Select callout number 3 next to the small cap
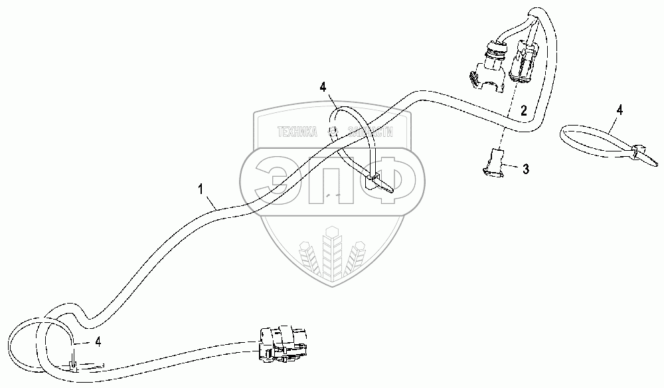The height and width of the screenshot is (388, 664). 526,169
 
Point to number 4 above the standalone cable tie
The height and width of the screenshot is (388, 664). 619,110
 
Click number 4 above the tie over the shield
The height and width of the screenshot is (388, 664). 323,86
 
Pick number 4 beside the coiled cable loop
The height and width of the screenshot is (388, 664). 98,342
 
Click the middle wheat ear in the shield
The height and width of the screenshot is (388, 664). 333,255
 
